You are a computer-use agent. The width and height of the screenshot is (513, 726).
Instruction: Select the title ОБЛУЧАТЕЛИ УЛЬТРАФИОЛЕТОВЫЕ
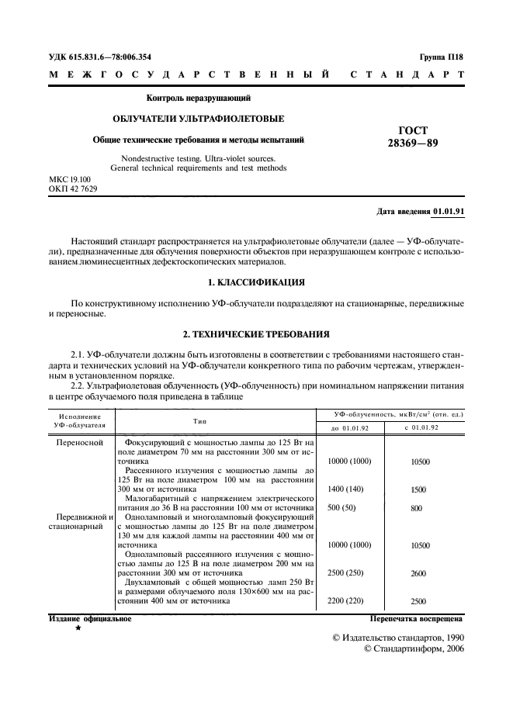coord(199,119)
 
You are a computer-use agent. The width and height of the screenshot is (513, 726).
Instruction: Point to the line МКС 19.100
coord(70,179)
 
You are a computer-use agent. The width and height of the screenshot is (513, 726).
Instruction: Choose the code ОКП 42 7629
coord(73,188)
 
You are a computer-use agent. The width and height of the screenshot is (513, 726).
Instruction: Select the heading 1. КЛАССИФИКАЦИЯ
coord(256,281)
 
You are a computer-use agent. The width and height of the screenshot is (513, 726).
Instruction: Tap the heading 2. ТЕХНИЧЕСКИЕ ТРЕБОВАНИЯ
coord(256,334)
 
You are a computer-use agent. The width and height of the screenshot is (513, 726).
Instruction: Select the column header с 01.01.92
coord(421,427)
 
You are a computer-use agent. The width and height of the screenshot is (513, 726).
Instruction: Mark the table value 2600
coord(419,573)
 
